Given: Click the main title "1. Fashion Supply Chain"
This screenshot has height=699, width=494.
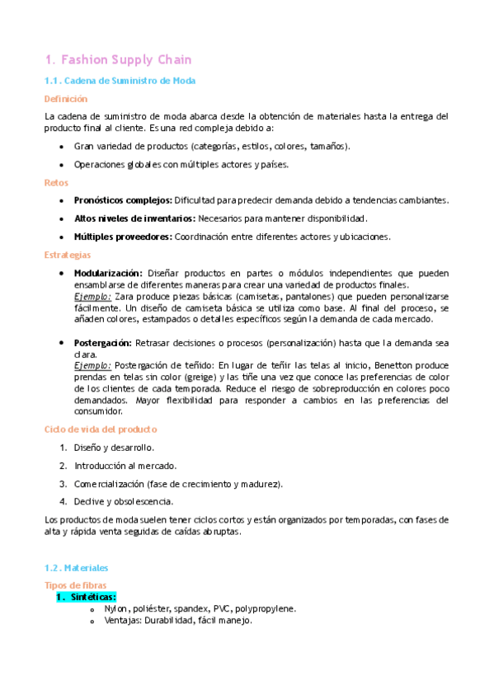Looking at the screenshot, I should tap(118, 59).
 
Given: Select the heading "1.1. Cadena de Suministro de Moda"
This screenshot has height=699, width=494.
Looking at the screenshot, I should tap(120, 81).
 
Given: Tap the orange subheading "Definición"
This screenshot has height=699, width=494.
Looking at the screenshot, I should tap(65, 98).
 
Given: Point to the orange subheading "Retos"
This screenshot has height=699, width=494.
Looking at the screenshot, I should tap(56, 182).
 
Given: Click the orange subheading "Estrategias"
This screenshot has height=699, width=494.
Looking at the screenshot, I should tap(68, 255).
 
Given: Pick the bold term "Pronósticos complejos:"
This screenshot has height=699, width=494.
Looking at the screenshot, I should tap(123, 200).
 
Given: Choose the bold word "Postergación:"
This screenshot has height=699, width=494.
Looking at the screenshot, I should tap(102, 342).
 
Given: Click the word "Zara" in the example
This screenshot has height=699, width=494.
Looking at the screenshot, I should tap(125, 296).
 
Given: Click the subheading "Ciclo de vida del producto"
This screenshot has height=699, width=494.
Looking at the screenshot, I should tap(100, 429).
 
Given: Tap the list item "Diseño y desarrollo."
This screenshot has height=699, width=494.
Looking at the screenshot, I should tap(114, 448).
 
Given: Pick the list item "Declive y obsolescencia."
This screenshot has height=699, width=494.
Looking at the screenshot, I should tap(124, 500).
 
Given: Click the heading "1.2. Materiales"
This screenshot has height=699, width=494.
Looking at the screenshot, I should tap(76, 569).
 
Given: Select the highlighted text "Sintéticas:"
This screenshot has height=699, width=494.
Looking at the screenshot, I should tap(93, 597).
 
